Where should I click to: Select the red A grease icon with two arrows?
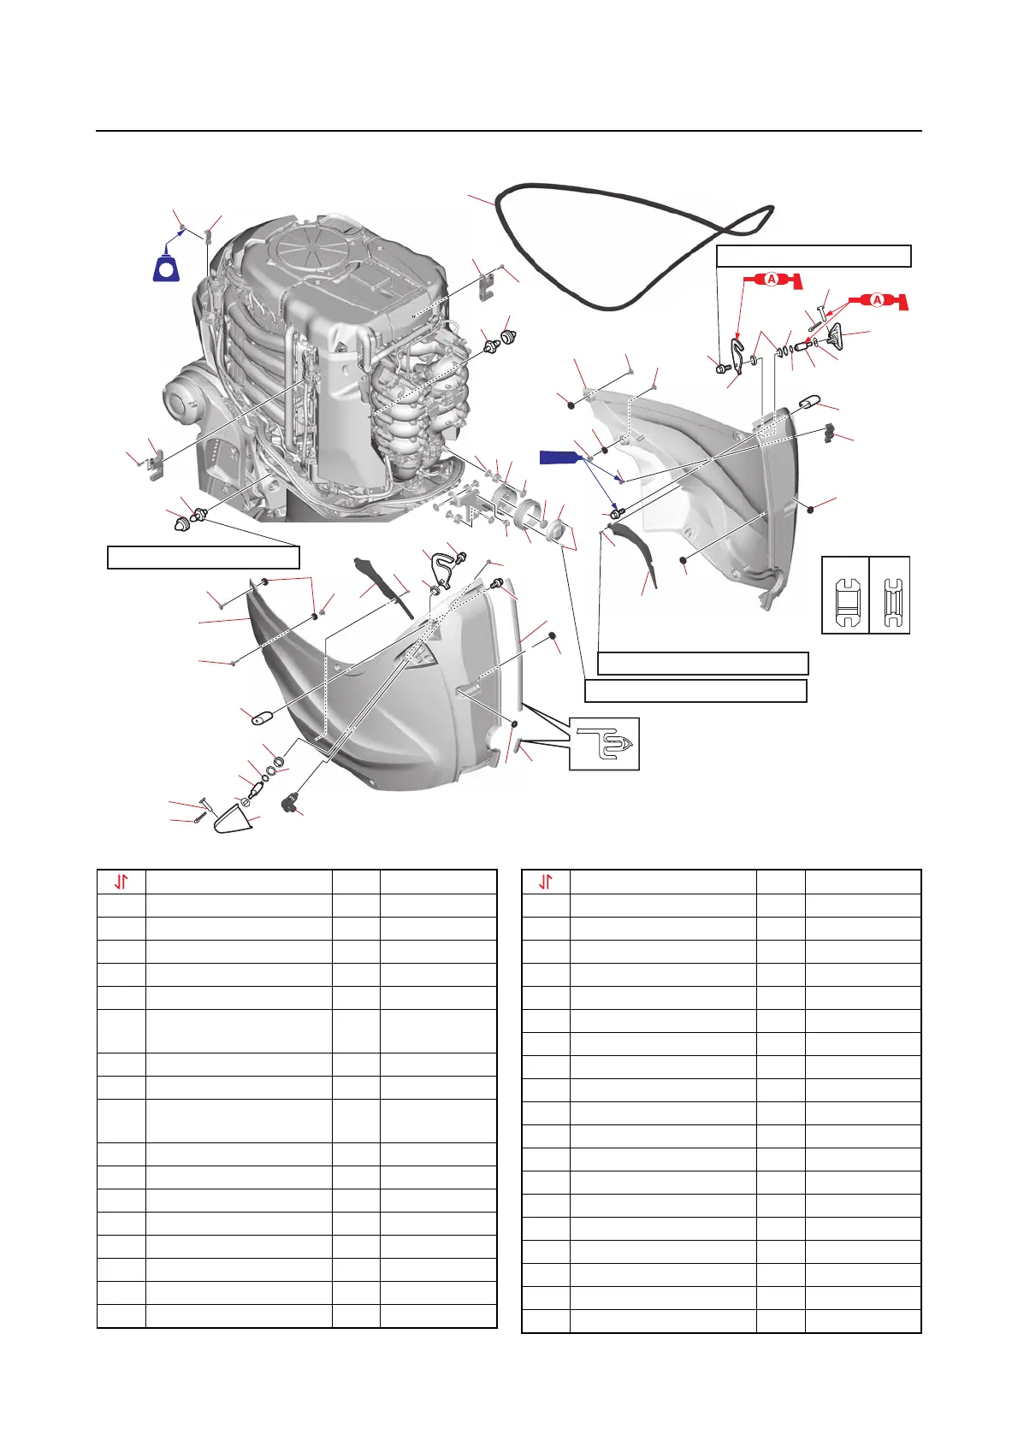pyautogui.click(x=877, y=300)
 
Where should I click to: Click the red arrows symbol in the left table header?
pyautogui.click(x=121, y=882)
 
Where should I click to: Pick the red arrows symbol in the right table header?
pyautogui.click(x=546, y=882)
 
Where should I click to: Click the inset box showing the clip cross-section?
pyautogui.click(x=604, y=743)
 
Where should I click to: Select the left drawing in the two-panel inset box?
pyautogui.click(x=845, y=595)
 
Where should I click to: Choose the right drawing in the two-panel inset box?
pyautogui.click(x=890, y=595)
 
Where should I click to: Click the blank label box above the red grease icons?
pyautogui.click(x=813, y=256)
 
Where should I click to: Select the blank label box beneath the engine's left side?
pyautogui.click(x=203, y=557)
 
